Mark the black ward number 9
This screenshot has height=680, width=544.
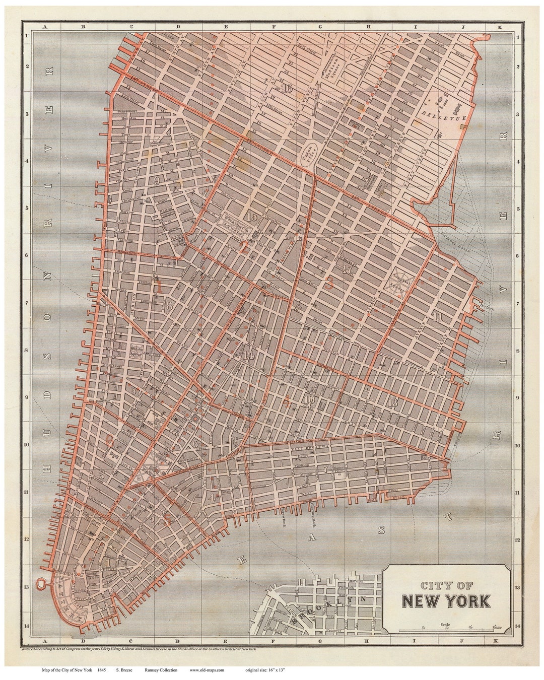157,181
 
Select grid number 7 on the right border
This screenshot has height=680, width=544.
517,303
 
